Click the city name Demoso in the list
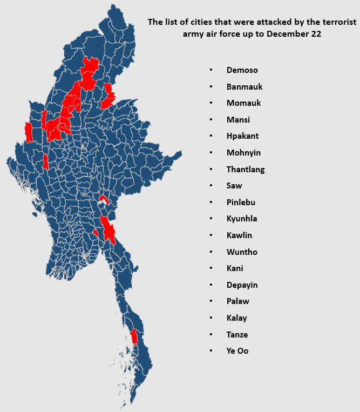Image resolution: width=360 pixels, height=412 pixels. point(242,70)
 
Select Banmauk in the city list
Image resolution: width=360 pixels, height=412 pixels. point(244,87)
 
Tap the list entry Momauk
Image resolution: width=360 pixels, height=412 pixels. point(244,103)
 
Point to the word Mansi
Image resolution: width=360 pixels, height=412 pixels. point(238,120)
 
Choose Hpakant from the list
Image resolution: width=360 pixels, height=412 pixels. point(242,136)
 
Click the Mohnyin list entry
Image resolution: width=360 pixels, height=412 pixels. point(243,153)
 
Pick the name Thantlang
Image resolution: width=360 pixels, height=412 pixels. point(246,170)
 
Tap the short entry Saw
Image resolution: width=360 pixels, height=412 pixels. point(234,186)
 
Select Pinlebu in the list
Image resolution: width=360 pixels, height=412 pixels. point(241,202)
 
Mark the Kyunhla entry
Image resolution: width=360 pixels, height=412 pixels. point(242,219)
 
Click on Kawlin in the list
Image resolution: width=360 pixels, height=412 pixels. point(239,235)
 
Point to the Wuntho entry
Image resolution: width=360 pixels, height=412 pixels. point(242,252)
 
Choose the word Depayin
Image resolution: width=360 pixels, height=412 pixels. point(242,285)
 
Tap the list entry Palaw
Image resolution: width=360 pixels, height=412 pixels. point(238,301)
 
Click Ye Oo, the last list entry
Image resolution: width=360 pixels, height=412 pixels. point(237,351)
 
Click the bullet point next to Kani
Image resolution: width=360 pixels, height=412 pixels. point(211,268)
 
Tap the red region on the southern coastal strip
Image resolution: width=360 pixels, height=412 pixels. point(133,337)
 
